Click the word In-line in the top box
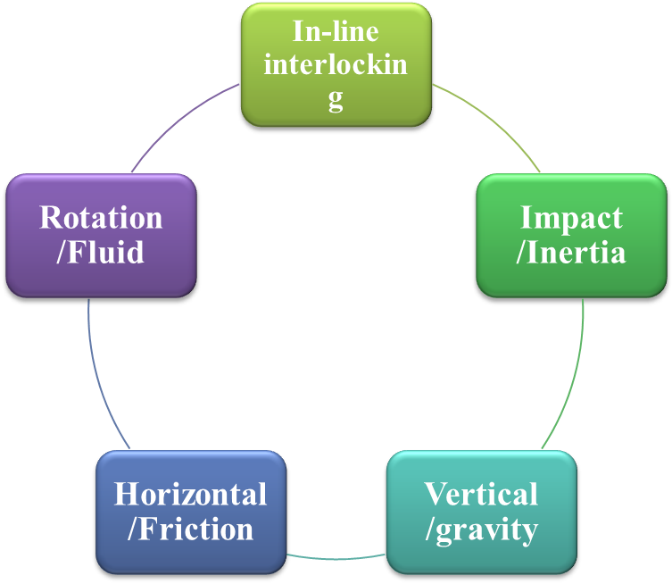(x=336, y=32)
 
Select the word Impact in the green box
(x=571, y=218)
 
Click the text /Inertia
(x=571, y=252)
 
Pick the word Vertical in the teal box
(x=481, y=494)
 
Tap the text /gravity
(x=481, y=529)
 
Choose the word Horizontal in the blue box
(x=190, y=494)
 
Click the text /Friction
(x=190, y=529)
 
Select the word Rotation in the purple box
(x=101, y=218)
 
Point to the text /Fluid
(x=101, y=252)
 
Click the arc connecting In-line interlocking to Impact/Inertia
(x=491, y=121)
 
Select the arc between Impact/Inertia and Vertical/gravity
(x=576, y=375)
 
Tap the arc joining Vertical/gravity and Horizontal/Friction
(x=336, y=558)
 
